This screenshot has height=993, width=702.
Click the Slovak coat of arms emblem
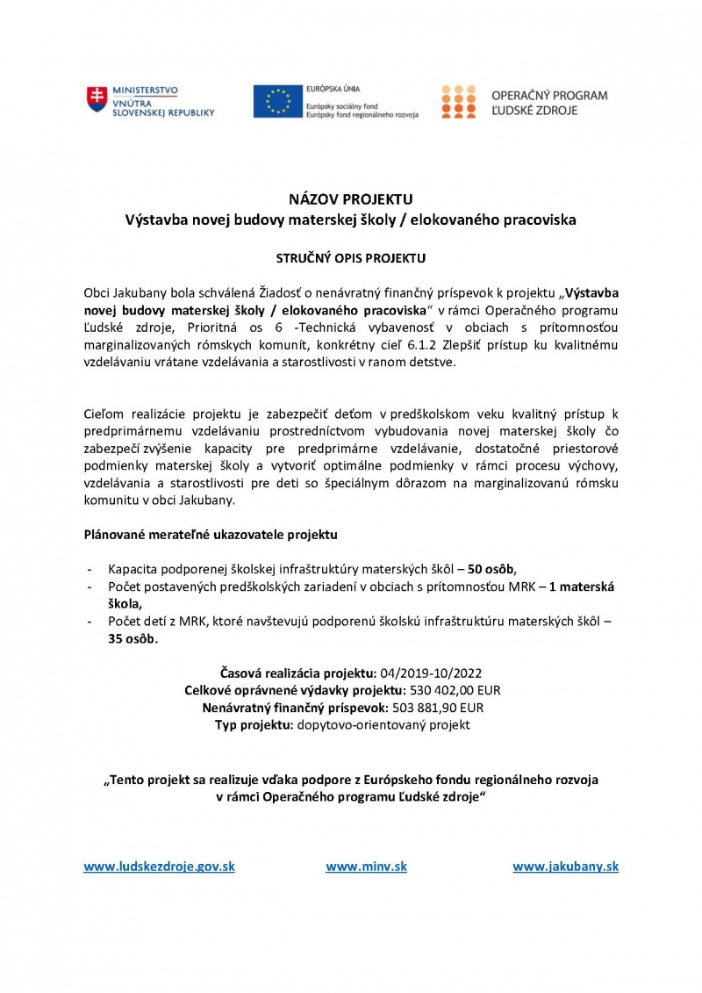(x=97, y=101)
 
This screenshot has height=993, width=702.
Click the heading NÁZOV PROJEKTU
(x=350, y=199)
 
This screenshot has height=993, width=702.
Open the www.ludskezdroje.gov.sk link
(x=159, y=867)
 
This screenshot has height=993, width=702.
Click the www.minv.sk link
(x=366, y=867)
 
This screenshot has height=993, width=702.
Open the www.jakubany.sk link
(x=565, y=867)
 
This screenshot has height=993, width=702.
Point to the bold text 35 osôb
(x=128, y=639)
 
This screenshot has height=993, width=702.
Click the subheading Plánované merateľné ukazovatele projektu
(x=210, y=534)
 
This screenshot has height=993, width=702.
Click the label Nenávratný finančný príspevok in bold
(x=292, y=708)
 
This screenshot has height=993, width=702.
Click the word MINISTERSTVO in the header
(x=145, y=90)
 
